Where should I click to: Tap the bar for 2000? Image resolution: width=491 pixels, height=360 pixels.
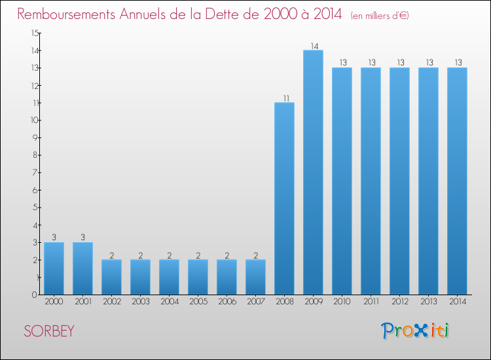tap(54, 268)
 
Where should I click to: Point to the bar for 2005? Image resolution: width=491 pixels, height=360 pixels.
tap(198, 277)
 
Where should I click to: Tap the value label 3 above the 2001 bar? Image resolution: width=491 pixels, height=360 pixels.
tap(82, 238)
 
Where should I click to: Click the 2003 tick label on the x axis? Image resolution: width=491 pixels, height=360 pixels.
tap(140, 301)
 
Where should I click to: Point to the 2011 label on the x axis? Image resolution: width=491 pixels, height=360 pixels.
tap(371, 301)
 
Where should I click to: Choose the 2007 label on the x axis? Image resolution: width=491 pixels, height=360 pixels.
tap(255, 301)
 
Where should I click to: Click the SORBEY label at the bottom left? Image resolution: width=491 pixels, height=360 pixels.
tap(48, 331)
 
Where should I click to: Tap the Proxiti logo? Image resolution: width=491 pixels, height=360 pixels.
tap(415, 330)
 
